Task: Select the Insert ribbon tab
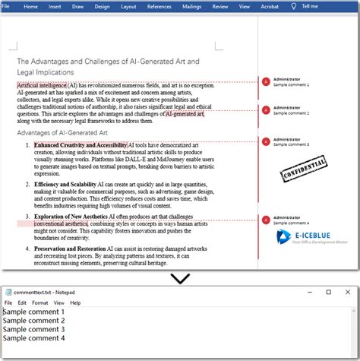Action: [x=55, y=6]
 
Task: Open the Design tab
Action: [x=102, y=6]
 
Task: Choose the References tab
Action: [x=159, y=6]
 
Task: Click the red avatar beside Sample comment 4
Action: [x=265, y=220]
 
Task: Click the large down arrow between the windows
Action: [x=180, y=278]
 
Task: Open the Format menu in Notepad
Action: [x=39, y=302]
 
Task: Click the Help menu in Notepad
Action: [x=74, y=302]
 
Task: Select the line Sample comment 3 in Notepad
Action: [x=33, y=329]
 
